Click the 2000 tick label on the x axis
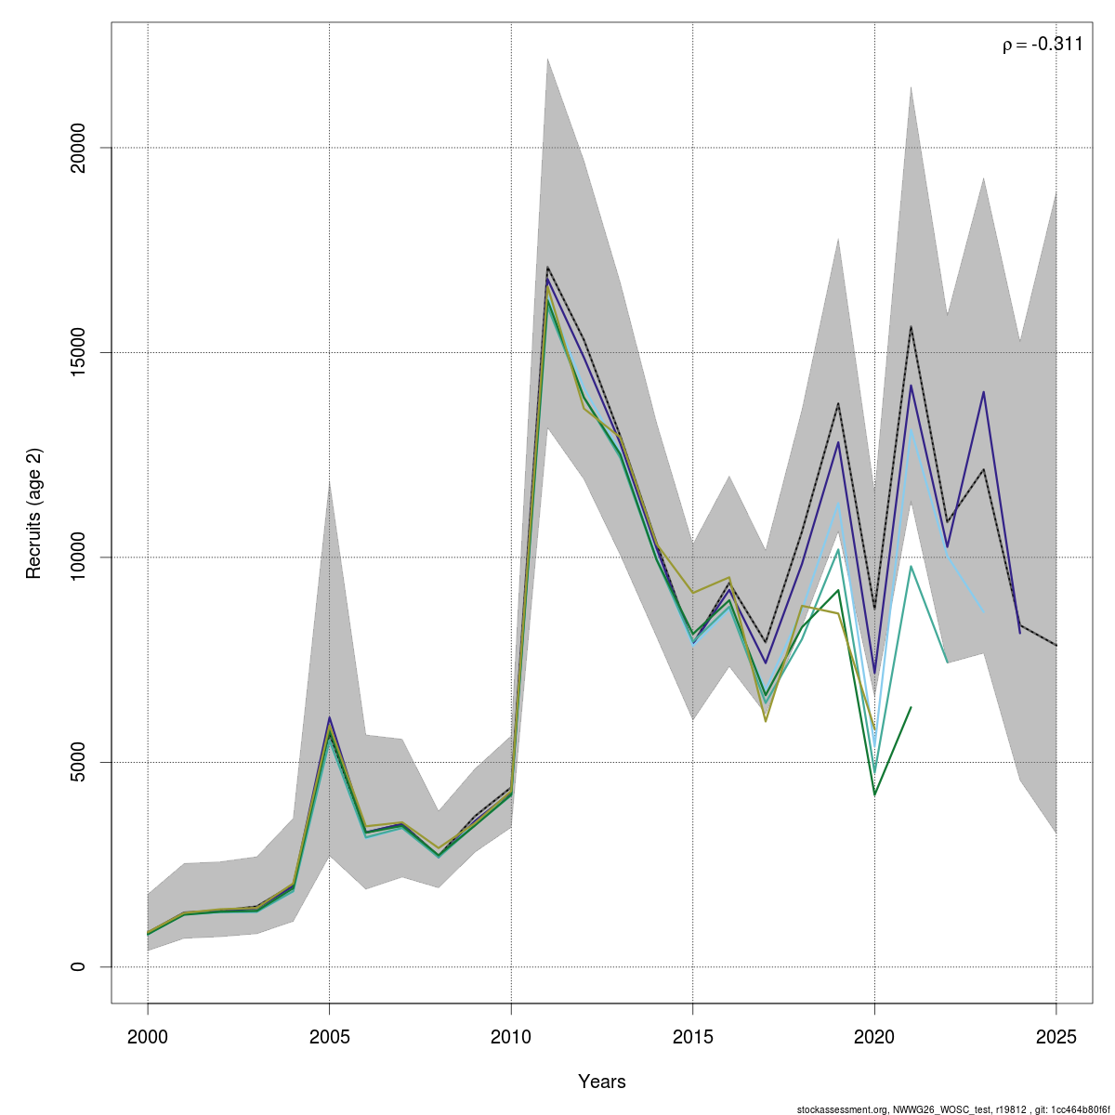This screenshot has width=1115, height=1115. pos(148,1037)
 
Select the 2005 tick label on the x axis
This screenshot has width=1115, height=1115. pos(329,1037)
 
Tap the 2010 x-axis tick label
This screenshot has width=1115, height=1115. pos(511,1037)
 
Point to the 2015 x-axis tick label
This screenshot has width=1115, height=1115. pos(692,1037)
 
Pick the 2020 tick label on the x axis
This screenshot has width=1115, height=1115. pos(874,1037)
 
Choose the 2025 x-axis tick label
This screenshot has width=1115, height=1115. pos(1056,1037)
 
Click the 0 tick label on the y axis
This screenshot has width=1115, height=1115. pos(79,967)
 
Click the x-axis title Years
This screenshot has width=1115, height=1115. pos(602,1082)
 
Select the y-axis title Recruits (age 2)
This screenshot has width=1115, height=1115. pos(34,513)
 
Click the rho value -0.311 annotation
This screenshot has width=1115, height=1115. pos(1043,44)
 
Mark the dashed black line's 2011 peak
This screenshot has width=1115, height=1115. pos(547,268)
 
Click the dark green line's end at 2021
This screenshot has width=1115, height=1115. pos(911,707)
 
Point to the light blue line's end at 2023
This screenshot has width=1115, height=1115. pos(983,611)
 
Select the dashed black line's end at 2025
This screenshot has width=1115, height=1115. pos(1056,645)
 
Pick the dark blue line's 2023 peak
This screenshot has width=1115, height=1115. pos(983,392)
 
